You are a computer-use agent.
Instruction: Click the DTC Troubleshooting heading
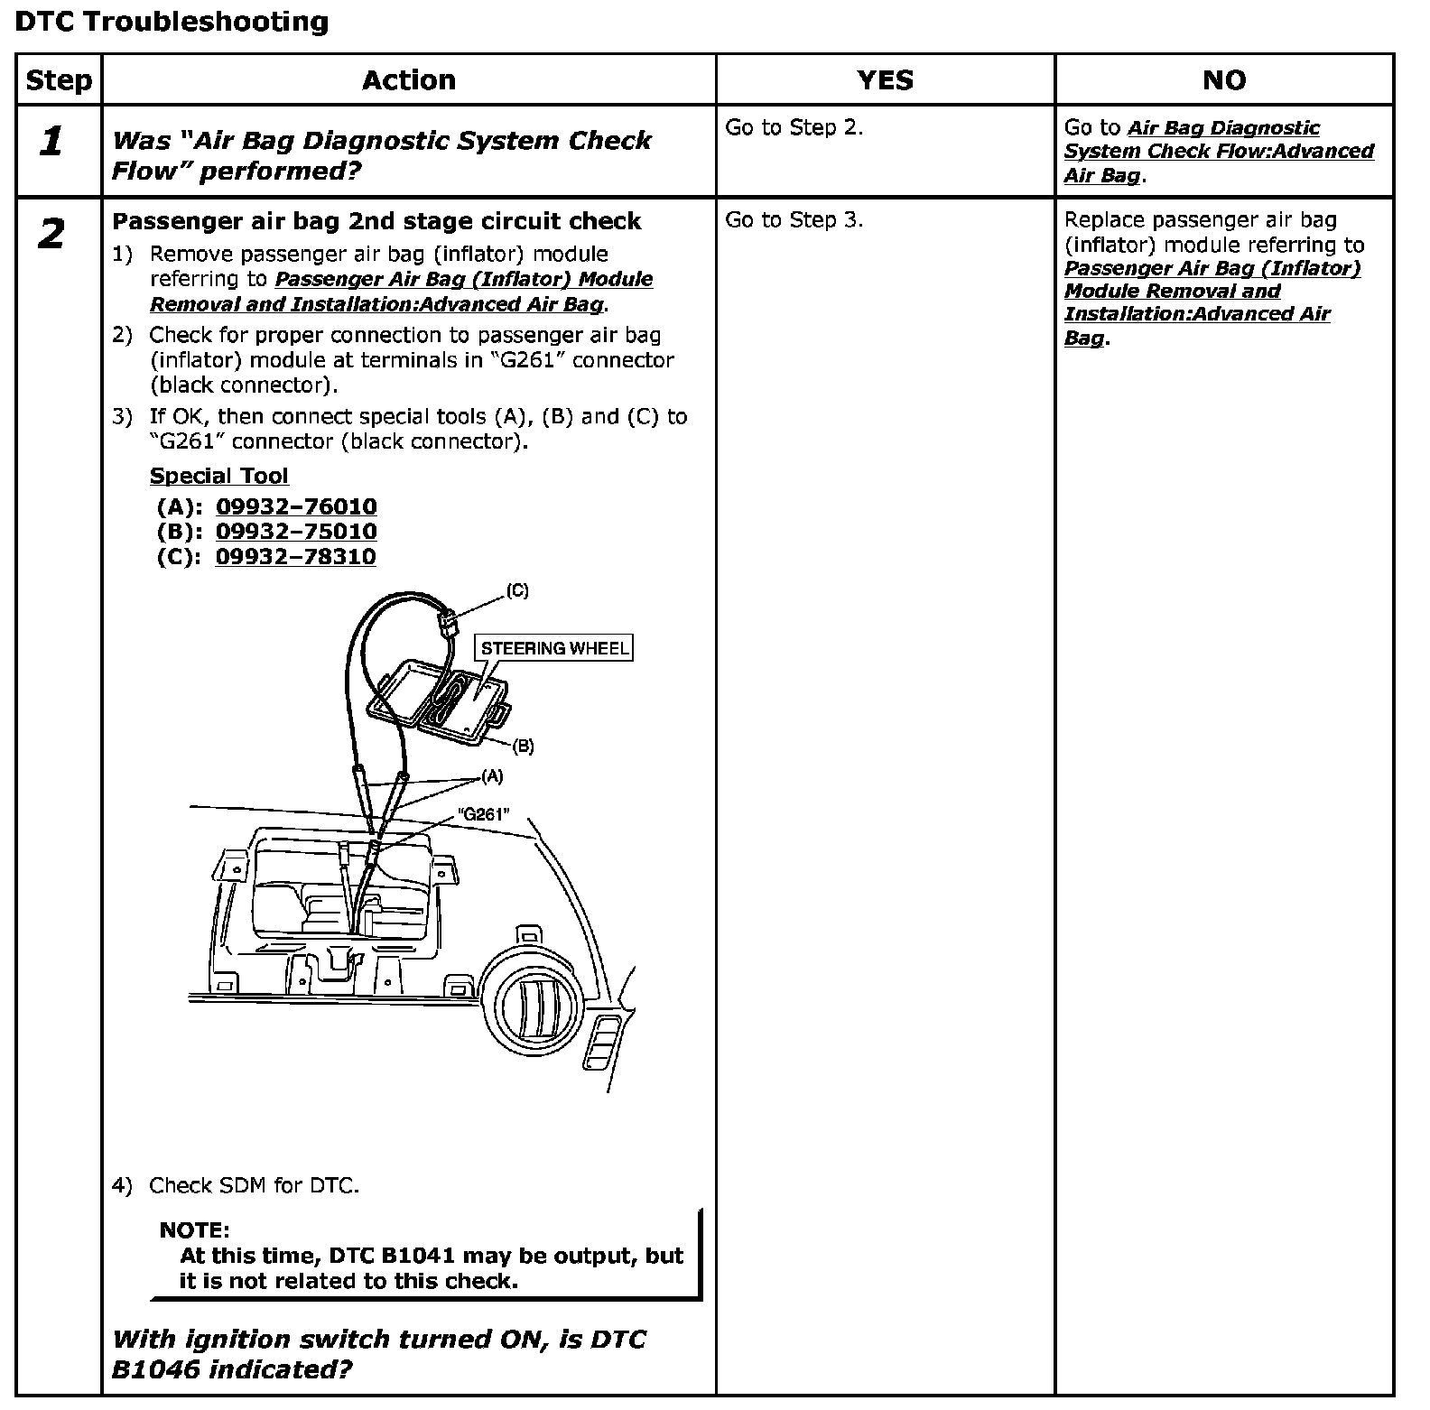(172, 22)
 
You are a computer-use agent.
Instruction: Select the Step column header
(59, 80)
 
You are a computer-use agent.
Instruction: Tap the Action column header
(408, 80)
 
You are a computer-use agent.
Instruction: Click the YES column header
(885, 80)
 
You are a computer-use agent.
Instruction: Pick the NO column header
(1223, 80)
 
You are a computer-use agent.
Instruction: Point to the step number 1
(52, 142)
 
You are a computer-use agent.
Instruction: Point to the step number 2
(51, 235)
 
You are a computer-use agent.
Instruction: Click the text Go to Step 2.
(794, 128)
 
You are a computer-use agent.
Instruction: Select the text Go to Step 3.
(794, 220)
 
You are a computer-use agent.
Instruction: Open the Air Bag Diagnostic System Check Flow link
(1219, 152)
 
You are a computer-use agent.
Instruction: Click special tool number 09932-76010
(296, 506)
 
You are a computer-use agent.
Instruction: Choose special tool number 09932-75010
(296, 532)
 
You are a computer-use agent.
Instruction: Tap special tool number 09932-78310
(295, 556)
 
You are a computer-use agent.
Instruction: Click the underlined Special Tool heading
(218, 477)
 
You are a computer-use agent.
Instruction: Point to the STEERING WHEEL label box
(554, 648)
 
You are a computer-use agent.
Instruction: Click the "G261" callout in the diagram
(484, 814)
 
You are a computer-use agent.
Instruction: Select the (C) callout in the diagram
(517, 591)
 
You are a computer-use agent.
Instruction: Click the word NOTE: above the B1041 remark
(194, 1230)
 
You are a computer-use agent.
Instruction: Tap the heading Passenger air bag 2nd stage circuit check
(376, 222)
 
